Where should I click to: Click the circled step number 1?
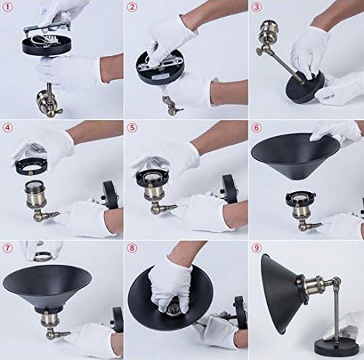(x=7, y=7)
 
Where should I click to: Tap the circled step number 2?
(x=132, y=7)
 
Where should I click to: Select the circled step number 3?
(x=256, y=7)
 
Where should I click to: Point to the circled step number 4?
(x=7, y=128)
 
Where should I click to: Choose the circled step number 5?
(x=132, y=128)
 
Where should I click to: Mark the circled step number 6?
(x=256, y=128)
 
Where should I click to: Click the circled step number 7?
(x=7, y=248)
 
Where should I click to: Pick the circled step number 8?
(x=132, y=248)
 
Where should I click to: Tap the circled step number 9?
(x=256, y=248)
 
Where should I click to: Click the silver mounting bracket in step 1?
(x=46, y=31)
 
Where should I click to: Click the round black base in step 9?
(x=337, y=347)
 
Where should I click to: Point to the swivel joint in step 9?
(x=337, y=282)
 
